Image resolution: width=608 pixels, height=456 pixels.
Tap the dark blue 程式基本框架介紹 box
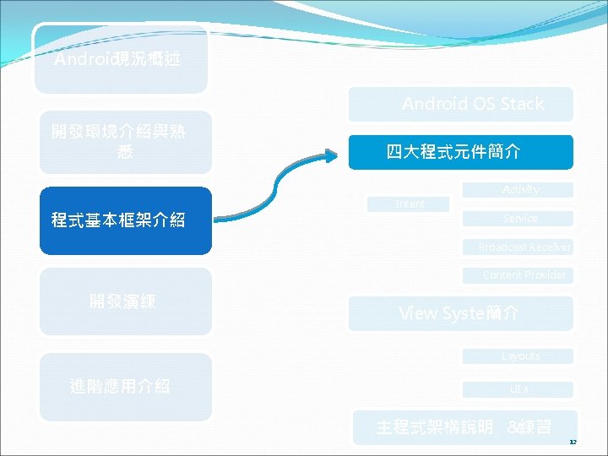(x=125, y=221)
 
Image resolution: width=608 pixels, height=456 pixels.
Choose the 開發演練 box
(x=125, y=301)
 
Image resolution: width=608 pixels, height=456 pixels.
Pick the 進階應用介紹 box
(x=125, y=387)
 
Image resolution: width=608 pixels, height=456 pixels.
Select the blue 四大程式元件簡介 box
(x=461, y=152)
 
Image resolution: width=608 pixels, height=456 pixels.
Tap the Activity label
(x=520, y=190)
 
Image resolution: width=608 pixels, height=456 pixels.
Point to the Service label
(x=520, y=219)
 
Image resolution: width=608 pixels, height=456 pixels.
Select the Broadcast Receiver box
(x=524, y=247)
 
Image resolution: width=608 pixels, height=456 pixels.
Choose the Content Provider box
(x=524, y=275)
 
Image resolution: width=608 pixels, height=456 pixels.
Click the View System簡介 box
(x=461, y=313)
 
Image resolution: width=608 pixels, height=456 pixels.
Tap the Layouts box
(x=520, y=356)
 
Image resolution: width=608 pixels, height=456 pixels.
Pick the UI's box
(x=520, y=389)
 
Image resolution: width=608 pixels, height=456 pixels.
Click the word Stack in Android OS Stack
(x=522, y=104)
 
